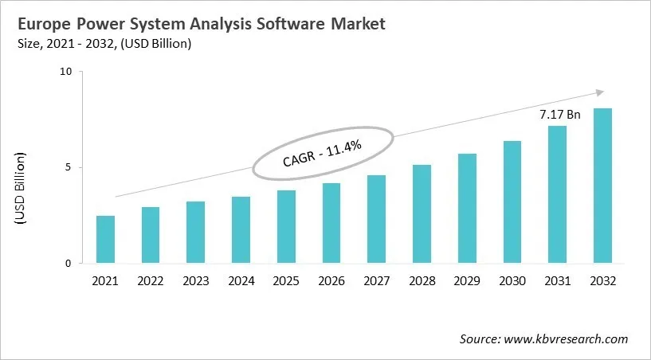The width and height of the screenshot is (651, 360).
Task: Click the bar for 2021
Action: (105, 240)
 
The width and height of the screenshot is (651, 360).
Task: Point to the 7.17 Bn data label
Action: (559, 115)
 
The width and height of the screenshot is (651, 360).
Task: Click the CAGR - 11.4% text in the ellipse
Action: (323, 152)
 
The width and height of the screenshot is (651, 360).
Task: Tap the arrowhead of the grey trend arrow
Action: (600, 92)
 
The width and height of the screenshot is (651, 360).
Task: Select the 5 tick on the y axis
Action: (69, 167)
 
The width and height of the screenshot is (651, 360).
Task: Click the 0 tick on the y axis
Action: (69, 264)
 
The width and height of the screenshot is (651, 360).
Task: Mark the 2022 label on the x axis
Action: (151, 281)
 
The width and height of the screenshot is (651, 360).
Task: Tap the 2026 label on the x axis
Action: (331, 281)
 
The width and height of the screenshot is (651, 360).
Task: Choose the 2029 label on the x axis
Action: (467, 281)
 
